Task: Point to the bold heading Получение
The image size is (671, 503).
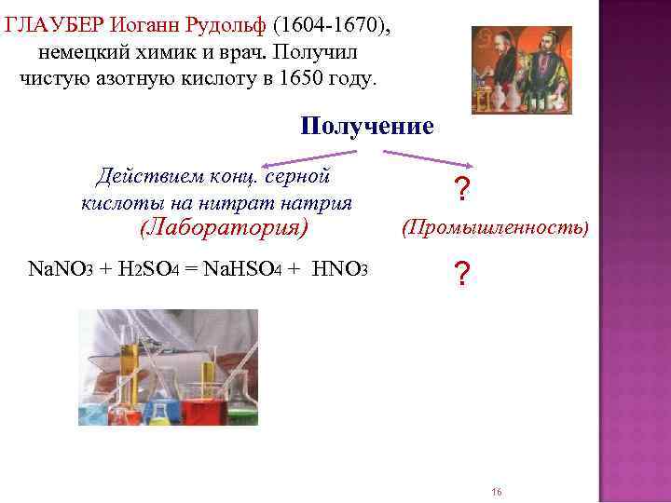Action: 367,126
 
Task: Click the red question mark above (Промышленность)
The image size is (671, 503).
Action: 459,190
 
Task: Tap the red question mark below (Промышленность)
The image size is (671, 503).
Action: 459,274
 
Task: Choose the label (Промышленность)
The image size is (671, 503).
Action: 495,226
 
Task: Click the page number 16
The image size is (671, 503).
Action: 496,492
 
